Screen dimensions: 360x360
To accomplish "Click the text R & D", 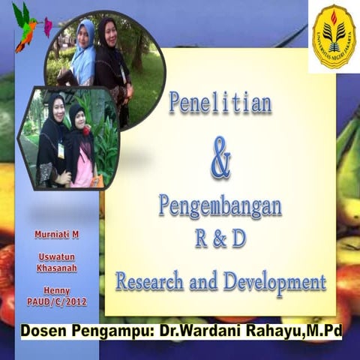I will pyautogui.click(x=220, y=239).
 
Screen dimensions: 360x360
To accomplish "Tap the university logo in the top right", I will pyautogui.click(x=334, y=36).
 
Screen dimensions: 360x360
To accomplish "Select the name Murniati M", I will pyautogui.click(x=57, y=234).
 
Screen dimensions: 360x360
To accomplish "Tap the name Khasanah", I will pyautogui.click(x=57, y=268).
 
